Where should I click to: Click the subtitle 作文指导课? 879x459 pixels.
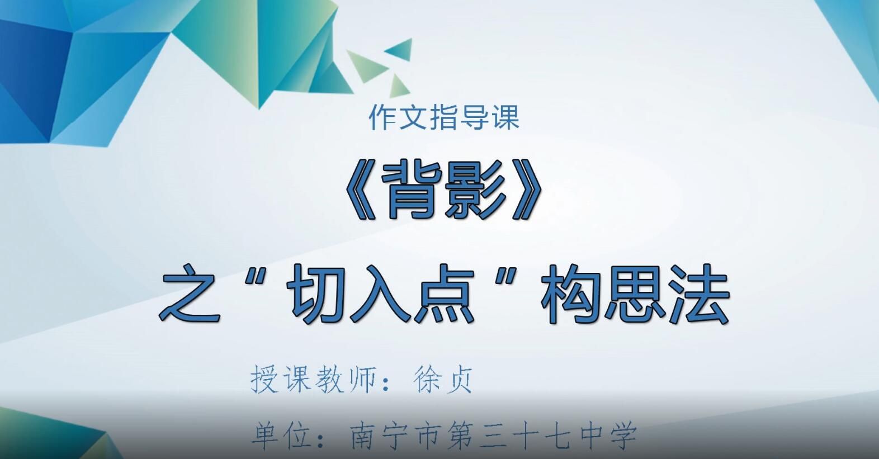point(444,117)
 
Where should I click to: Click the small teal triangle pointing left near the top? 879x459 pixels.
point(401,49)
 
